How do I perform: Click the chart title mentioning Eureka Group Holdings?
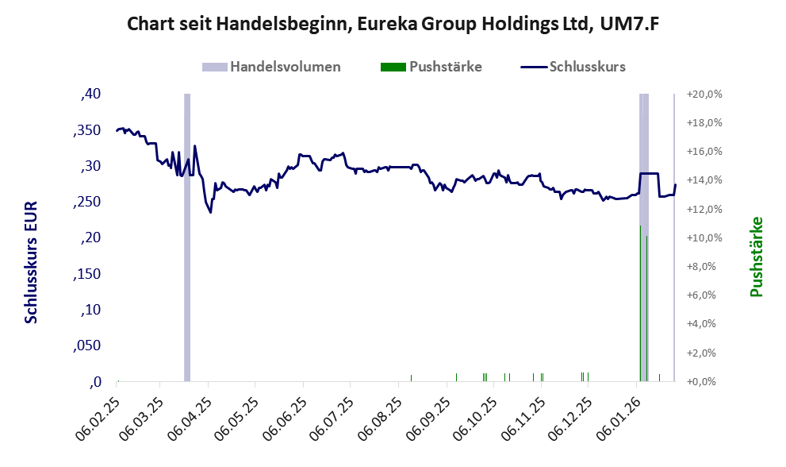tap(393, 25)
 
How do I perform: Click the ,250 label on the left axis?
tap(86, 203)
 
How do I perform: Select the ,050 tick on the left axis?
tap(86, 346)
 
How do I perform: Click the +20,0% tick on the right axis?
tap(704, 95)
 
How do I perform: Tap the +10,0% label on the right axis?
tap(704, 238)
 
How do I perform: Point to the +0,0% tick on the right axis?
tap(704, 382)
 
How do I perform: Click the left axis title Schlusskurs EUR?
tap(31, 261)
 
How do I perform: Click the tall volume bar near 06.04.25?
tap(187, 238)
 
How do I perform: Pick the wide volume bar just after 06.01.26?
tap(644, 238)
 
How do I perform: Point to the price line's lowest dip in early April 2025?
tap(210, 212)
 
